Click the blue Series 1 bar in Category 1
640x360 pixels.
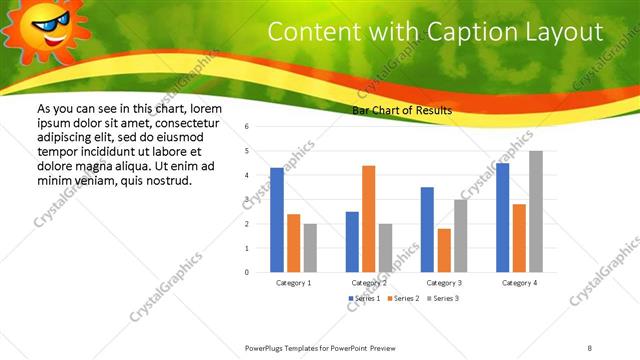point(277,220)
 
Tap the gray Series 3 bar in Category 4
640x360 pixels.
point(536,212)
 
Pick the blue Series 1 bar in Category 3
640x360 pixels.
point(427,230)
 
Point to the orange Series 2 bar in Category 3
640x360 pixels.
point(444,250)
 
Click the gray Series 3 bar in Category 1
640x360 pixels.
point(310,248)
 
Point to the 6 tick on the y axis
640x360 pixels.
point(246,127)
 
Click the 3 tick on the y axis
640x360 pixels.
point(246,200)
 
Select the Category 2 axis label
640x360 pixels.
point(369,283)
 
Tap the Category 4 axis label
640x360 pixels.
point(519,283)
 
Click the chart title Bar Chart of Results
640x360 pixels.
point(402,110)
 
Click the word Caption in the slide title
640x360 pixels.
point(479,31)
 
